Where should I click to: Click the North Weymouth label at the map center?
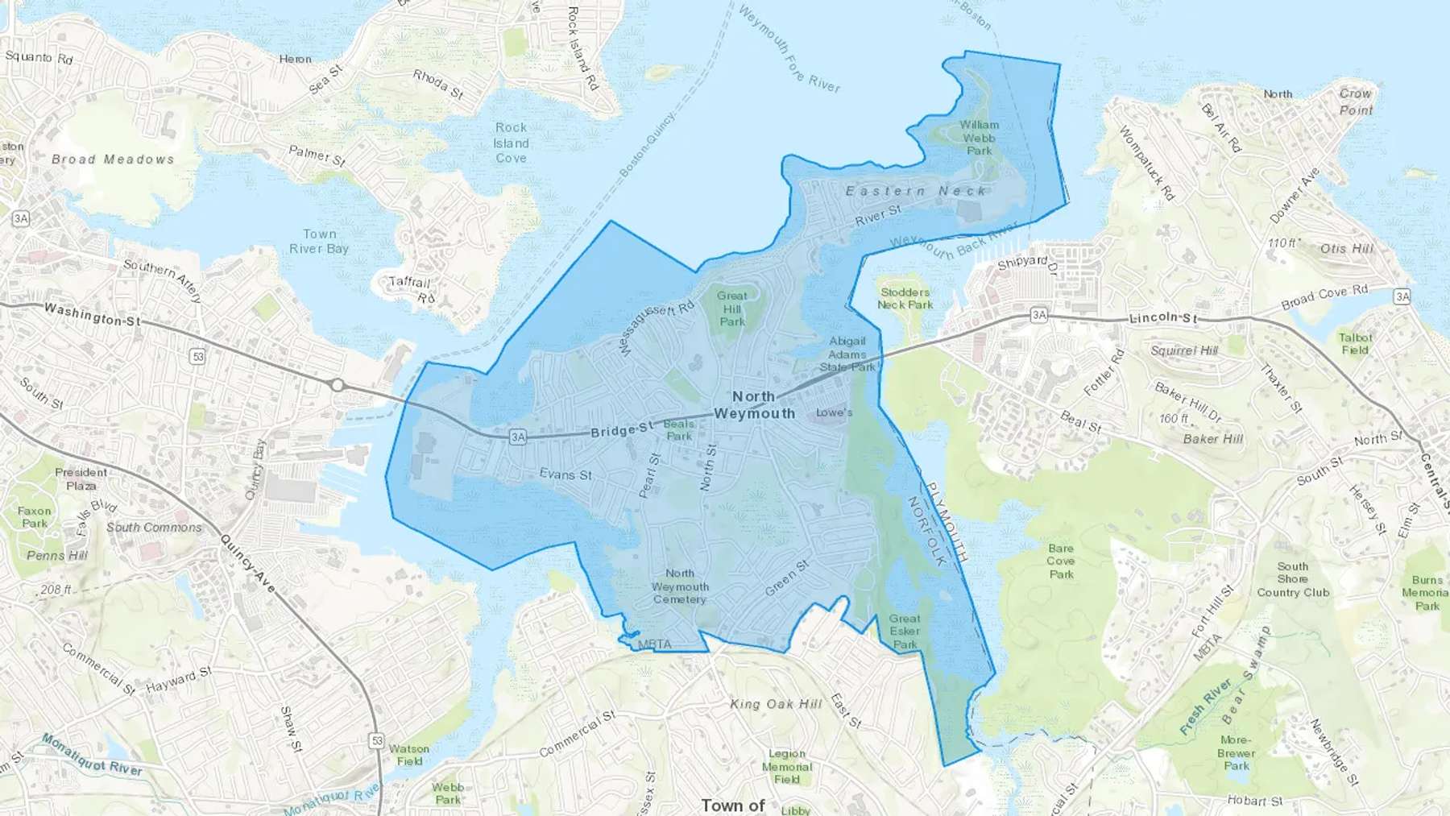[754, 405]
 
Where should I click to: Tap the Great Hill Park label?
[732, 309]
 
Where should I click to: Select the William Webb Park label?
[979, 138]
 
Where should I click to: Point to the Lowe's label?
[834, 412]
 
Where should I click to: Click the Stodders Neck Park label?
[905, 298]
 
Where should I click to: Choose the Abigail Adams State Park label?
[847, 354]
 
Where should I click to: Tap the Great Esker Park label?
[905, 632]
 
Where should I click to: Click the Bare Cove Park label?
[1061, 561]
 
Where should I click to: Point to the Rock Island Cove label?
[511, 143]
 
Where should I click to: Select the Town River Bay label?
[319, 241]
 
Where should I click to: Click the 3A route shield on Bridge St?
[517, 437]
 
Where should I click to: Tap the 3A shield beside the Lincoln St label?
[1039, 315]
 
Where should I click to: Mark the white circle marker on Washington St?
[338, 385]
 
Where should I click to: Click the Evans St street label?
[565, 474]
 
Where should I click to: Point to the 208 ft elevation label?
[56, 590]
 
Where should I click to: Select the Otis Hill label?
[1346, 248]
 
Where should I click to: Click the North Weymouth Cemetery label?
[680, 586]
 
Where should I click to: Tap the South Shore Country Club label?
[1293, 579]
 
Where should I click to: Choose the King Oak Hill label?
[776, 704]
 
